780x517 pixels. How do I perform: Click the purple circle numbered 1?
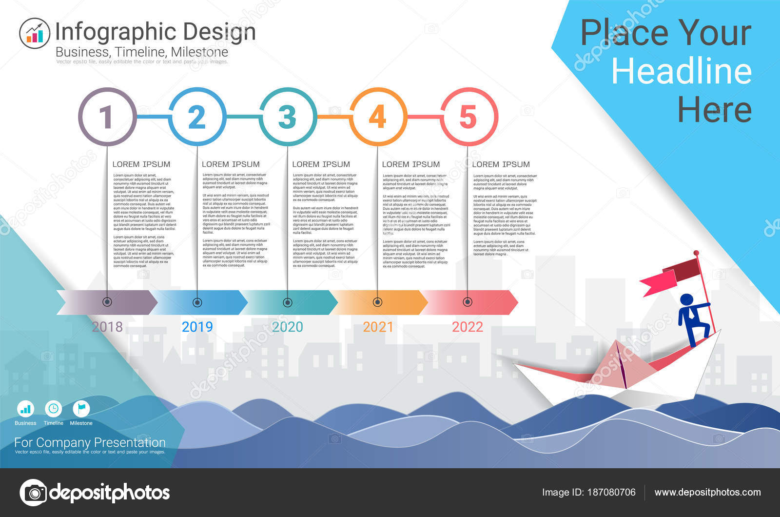coord(107,117)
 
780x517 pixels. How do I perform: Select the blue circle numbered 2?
coord(197,117)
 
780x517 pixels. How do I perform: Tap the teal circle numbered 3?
coord(287,117)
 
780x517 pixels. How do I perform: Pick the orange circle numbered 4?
coord(378,117)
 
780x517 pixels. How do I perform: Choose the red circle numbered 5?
coord(468,117)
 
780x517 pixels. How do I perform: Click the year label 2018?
coord(107,327)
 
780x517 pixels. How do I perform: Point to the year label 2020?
coord(287,327)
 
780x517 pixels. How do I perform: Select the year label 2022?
coord(468,327)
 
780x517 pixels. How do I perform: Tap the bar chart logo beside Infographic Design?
coord(35,33)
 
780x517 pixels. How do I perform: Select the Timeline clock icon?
coord(53,409)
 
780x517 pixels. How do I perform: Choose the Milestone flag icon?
coord(81,409)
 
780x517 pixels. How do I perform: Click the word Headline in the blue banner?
coord(682,72)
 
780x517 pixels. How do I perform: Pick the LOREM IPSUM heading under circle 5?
coord(501,164)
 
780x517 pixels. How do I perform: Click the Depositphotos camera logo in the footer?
coord(33,493)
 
